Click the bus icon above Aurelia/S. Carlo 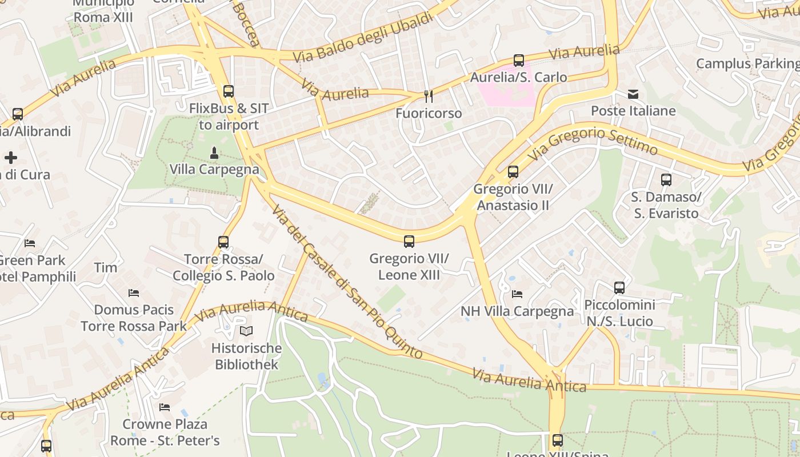[x=519, y=60]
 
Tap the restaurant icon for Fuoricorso [x=429, y=96]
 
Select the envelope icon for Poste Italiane [x=633, y=94]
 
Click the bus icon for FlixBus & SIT [x=229, y=91]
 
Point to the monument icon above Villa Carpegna [x=214, y=153]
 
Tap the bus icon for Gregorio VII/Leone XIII [x=409, y=241]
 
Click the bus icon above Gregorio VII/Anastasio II [x=513, y=171]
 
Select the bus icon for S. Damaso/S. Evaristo [x=666, y=180]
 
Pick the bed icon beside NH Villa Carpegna [x=517, y=294]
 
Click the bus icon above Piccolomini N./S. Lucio [x=619, y=287]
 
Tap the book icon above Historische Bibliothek [x=246, y=331]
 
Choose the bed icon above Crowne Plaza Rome [x=165, y=407]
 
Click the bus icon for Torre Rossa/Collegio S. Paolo [x=223, y=242]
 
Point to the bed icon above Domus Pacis [x=134, y=293]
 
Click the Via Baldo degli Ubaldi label [x=363, y=38]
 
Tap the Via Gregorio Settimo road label [x=592, y=143]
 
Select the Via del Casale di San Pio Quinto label [x=346, y=282]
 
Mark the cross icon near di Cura [x=11, y=158]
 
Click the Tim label [x=106, y=267]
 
